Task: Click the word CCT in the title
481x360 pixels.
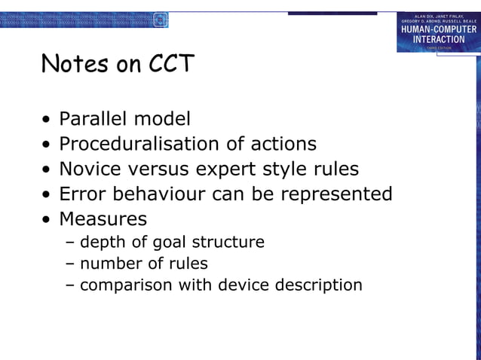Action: click(x=170, y=64)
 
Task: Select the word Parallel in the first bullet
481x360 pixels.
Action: click(x=93, y=119)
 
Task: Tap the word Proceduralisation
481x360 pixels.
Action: click(x=146, y=144)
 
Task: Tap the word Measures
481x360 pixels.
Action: click(x=103, y=219)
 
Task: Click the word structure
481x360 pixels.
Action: click(x=228, y=243)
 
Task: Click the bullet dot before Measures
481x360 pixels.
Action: click(x=47, y=220)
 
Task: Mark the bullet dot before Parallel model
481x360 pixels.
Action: click(x=47, y=120)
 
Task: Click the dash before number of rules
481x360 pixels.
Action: click(x=70, y=264)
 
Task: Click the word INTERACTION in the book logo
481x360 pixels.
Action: click(x=438, y=39)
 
